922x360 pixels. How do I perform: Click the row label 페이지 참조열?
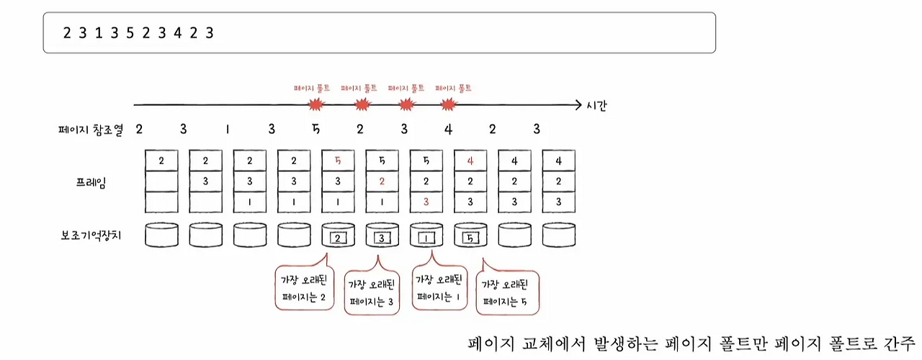coord(90,130)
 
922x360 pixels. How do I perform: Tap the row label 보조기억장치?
coord(93,235)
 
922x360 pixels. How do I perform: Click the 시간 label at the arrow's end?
coord(596,107)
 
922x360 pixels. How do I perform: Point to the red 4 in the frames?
coord(470,161)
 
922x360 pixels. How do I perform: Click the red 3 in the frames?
coord(426,202)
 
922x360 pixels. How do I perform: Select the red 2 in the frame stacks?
coord(382,181)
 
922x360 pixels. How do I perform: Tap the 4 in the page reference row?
coord(448,130)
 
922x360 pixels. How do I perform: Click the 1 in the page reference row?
coord(227,130)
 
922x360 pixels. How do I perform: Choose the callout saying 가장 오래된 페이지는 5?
coord(508,293)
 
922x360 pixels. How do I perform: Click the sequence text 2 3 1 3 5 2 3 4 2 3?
coord(138,32)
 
